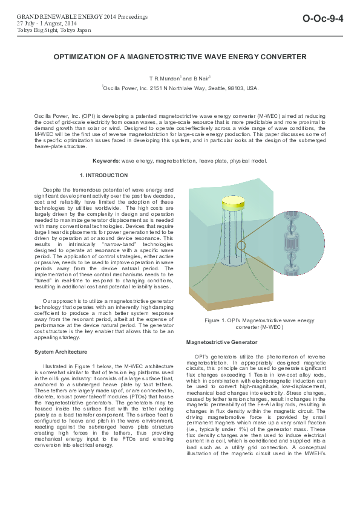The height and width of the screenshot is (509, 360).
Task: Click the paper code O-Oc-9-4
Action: coord(323,19)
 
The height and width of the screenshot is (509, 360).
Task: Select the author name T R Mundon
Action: coord(165,79)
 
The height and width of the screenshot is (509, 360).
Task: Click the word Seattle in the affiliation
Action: coord(215,88)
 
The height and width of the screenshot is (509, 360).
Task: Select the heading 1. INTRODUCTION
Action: coord(104,175)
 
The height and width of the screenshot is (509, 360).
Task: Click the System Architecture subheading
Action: coord(59,352)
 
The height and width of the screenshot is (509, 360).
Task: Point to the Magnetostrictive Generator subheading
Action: coord(222,342)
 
